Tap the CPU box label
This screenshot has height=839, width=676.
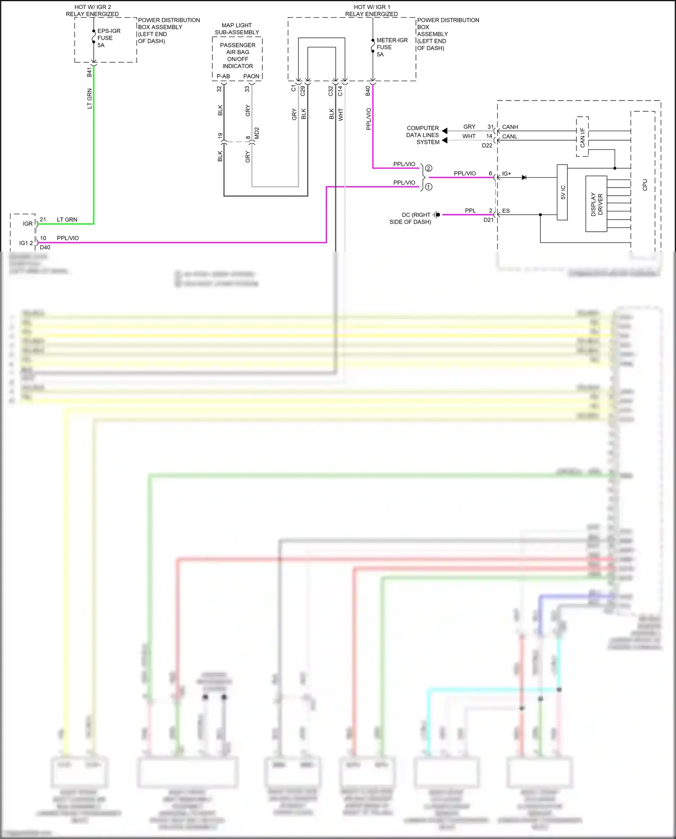(644, 185)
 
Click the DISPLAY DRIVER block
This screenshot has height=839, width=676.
(596, 204)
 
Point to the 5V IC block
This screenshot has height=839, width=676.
(562, 193)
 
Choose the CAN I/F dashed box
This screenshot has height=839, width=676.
(582, 137)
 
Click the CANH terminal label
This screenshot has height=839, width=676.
(510, 127)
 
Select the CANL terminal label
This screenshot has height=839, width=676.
(509, 137)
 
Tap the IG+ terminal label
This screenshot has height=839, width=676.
(507, 174)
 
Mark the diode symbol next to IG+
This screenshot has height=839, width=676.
(524, 178)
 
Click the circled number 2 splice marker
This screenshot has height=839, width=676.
(429, 168)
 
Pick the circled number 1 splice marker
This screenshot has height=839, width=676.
(429, 187)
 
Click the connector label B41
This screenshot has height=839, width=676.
(89, 72)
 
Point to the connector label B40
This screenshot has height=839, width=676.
(368, 91)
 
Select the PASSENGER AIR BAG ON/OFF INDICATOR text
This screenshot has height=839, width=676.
(238, 55)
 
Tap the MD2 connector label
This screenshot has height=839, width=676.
(257, 133)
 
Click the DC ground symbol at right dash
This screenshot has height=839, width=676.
(436, 215)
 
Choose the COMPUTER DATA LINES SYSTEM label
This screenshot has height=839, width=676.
(422, 135)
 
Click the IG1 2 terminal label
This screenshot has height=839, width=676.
(26, 243)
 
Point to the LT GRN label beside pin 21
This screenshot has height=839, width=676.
(67, 220)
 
